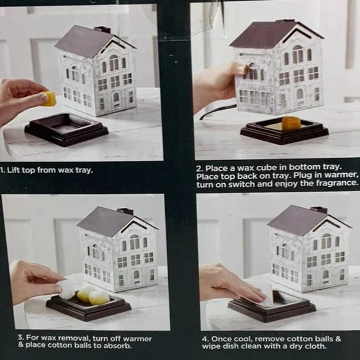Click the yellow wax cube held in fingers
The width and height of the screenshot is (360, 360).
coord(49,99)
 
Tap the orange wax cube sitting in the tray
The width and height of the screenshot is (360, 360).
coord(290,123)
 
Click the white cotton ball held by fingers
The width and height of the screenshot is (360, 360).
coord(67,289)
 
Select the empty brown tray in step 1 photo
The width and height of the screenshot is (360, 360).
coord(66,130)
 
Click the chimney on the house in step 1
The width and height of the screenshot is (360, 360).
coord(103,30)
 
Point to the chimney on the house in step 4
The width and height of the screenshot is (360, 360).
coord(319,210)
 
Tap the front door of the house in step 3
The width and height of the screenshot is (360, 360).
coord(137,276)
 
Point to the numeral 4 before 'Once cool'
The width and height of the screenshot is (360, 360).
coord(205,340)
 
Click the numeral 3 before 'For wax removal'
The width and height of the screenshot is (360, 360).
coord(20,337)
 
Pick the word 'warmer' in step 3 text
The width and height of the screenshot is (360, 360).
coord(137,339)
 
